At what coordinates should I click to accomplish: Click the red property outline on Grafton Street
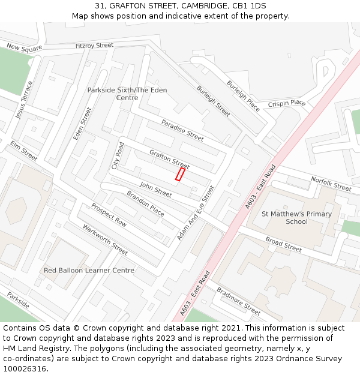pyautogui.click(x=179, y=174)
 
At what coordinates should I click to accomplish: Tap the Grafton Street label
pyautogui.click(x=169, y=159)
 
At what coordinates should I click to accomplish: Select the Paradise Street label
pyautogui.click(x=182, y=130)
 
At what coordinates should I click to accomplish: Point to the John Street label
pyautogui.click(x=155, y=189)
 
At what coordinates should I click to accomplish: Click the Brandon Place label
pyautogui.click(x=145, y=203)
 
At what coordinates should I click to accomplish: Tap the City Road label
pyautogui.click(x=118, y=155)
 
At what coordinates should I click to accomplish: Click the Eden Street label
pyautogui.click(x=82, y=124)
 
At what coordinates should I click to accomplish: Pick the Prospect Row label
pyautogui.click(x=109, y=215)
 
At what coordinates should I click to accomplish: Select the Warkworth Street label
pyautogui.click(x=105, y=239)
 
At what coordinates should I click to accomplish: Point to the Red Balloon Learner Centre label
pyautogui.click(x=89, y=271)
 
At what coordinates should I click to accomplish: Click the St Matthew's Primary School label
pyautogui.click(x=296, y=218)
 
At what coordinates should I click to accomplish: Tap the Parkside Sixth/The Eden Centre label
pyautogui.click(x=127, y=94)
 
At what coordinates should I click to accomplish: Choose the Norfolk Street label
pyautogui.click(x=331, y=184)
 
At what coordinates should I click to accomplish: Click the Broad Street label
pyautogui.click(x=284, y=244)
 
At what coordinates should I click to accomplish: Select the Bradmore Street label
pyautogui.click(x=238, y=301)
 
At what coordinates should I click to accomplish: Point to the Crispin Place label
pyautogui.click(x=287, y=103)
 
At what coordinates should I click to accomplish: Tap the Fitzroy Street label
pyautogui.click(x=94, y=46)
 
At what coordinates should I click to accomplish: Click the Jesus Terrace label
pyautogui.click(x=25, y=100)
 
